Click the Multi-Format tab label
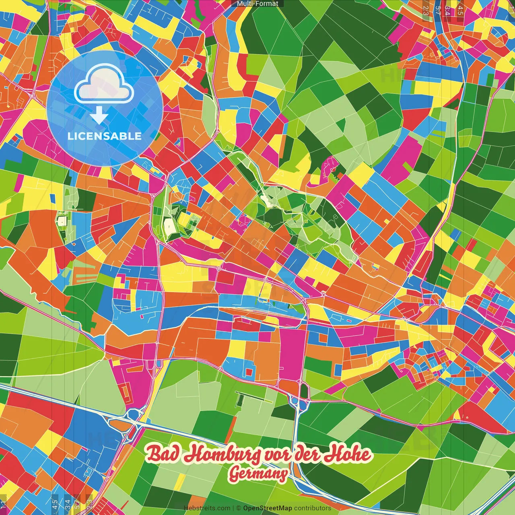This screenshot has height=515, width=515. point(257,4)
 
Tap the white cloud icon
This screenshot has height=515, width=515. point(104,84)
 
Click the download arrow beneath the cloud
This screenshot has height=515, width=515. point(99,116)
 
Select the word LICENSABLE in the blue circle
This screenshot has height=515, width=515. point(104,136)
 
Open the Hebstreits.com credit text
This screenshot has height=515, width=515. point(207,508)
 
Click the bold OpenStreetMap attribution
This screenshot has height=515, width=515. point(268,508)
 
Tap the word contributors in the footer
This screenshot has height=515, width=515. point(312,508)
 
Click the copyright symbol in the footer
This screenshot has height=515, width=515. point(238,508)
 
